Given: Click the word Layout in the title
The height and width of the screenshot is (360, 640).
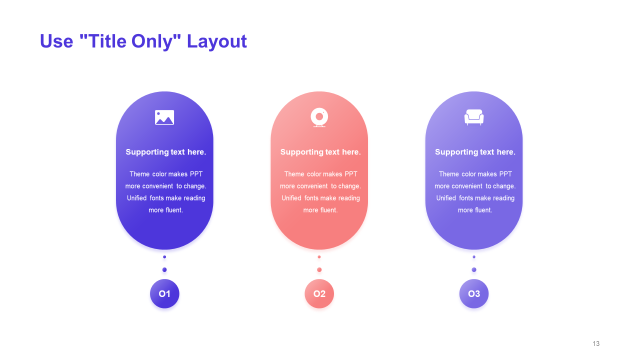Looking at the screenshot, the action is tap(216, 41).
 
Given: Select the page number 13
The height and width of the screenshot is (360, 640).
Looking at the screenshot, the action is tap(596, 343).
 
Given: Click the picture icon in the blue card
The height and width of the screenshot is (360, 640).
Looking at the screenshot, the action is tap(164, 117).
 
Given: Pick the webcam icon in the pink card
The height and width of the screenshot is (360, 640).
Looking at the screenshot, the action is tap(319, 117).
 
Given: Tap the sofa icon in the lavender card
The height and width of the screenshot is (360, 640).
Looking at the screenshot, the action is tap(474, 117).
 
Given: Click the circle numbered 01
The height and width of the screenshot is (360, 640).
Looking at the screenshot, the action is tap(164, 293).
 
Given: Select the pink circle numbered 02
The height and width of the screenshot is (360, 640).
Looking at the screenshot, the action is tap(319, 293).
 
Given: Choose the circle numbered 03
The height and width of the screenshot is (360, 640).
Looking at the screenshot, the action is tap(474, 293).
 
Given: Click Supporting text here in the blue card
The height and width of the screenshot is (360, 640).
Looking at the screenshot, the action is tap(165, 152).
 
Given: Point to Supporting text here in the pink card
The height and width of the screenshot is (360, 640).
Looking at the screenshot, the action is tap(320, 152).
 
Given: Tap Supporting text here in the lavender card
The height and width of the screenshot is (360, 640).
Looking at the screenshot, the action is tap(475, 152).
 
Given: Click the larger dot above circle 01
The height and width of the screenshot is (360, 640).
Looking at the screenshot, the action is tap(164, 269).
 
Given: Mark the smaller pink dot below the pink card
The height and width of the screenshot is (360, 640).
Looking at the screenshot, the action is tap(319, 257).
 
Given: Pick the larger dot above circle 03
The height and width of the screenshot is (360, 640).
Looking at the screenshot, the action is tap(474, 269).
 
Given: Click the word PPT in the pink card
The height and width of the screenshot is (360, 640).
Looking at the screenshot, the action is tap(351, 174).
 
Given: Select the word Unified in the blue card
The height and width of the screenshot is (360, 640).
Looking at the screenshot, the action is tap(136, 198).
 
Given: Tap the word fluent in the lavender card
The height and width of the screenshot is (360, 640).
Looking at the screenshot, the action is tap(479, 210).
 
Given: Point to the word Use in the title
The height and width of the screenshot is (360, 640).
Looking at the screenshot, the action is tap(56, 41).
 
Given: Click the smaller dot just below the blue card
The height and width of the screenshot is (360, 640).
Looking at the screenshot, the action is tap(164, 257).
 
